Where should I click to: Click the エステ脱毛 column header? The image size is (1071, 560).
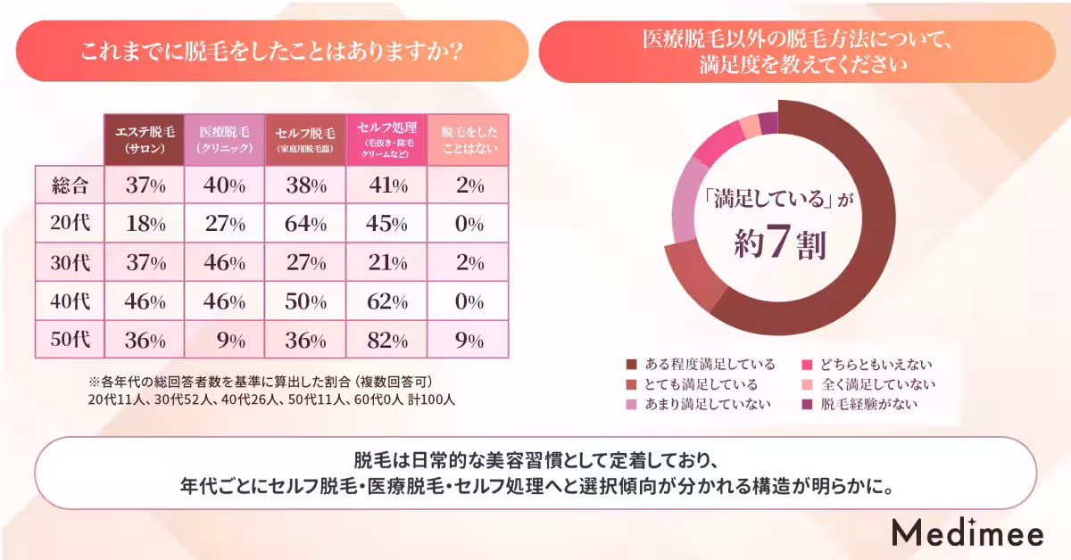pyautogui.click(x=144, y=140)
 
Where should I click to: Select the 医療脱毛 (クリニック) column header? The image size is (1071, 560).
pyautogui.click(x=224, y=140)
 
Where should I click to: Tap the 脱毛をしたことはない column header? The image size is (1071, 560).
pyautogui.click(x=469, y=140)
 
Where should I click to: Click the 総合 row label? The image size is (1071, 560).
pyautogui.click(x=70, y=186)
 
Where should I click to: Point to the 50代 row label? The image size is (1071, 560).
pyautogui.click(x=70, y=340)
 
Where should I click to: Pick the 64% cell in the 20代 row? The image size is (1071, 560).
pyautogui.click(x=304, y=225)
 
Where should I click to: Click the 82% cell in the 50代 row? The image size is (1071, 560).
pyautogui.click(x=386, y=340)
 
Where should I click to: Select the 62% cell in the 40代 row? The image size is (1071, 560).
pyautogui.click(x=386, y=301)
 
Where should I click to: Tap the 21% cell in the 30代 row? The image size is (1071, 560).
pyautogui.click(x=386, y=263)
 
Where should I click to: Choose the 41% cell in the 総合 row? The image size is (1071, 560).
pyautogui.click(x=386, y=186)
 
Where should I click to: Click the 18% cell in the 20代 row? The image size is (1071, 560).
pyautogui.click(x=145, y=225)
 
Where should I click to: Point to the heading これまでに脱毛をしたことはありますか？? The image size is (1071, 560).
pyautogui.click(x=271, y=52)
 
